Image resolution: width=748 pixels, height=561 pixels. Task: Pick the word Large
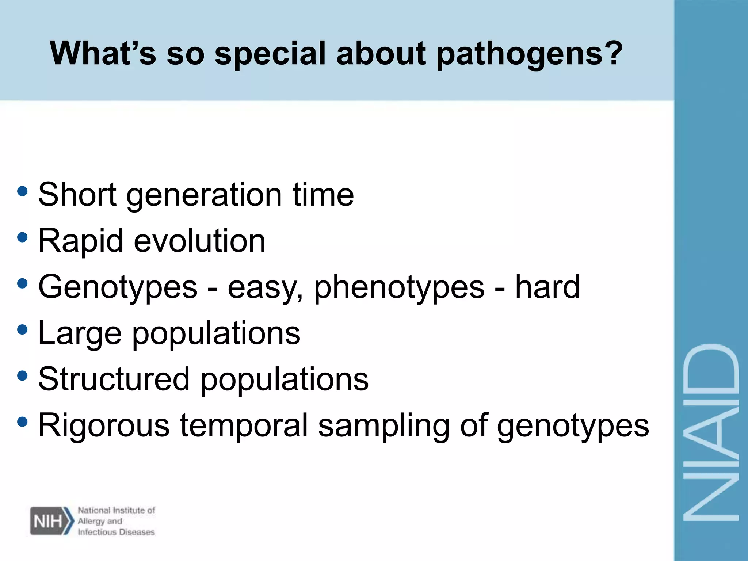pyautogui.click(x=80, y=334)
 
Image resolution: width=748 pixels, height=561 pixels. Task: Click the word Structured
pyautogui.click(x=114, y=379)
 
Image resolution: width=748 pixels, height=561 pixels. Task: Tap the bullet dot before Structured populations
pyautogui.click(x=22, y=375)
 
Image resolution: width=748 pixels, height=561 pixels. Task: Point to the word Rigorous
pyautogui.click(x=104, y=426)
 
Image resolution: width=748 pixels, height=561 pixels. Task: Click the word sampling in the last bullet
pyautogui.click(x=383, y=427)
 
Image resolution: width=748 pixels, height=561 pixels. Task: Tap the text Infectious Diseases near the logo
pyautogui.click(x=116, y=532)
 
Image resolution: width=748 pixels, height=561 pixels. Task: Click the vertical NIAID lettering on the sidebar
pyautogui.click(x=711, y=432)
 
